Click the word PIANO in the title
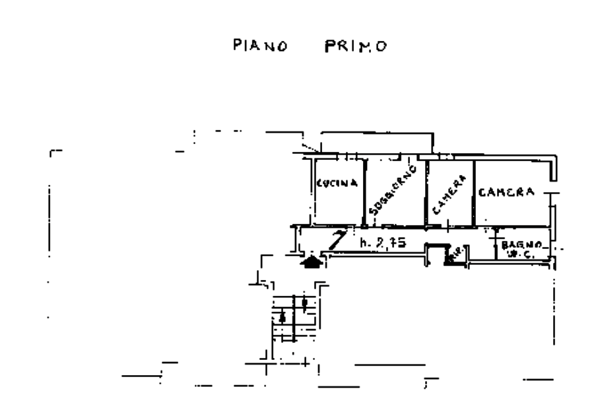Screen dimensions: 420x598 tap(261, 46)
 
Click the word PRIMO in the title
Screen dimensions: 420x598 tap(356, 46)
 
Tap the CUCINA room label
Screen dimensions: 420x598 tap(337, 184)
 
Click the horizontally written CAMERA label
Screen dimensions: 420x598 tap(506, 193)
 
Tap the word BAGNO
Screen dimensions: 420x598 tap(523, 245)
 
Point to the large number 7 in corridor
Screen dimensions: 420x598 tap(337, 240)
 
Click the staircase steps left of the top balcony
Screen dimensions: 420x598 tap(307, 148)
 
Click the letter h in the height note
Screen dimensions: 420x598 tap(363, 243)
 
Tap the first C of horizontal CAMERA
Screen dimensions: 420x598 tap(482, 193)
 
